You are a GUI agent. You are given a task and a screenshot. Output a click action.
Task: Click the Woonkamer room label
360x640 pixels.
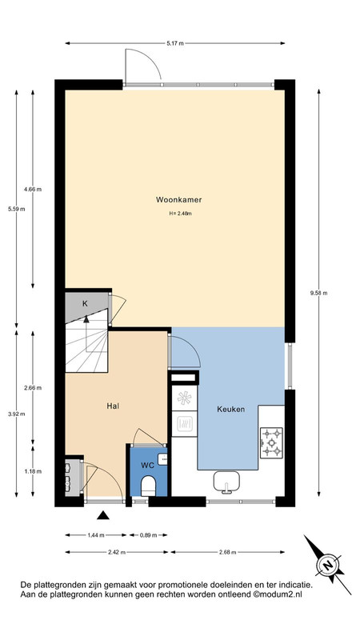[178, 199]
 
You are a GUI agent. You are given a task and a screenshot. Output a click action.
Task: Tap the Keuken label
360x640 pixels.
[230, 409]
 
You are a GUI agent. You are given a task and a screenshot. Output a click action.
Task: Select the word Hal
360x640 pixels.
[113, 406]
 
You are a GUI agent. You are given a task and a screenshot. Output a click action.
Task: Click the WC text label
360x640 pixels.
[147, 466]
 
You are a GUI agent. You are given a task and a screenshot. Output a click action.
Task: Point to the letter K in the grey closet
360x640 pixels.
[85, 303]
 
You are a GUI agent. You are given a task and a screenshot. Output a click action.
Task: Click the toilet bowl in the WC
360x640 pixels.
[148, 486]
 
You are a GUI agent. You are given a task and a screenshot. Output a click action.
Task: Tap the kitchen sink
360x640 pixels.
[226, 482]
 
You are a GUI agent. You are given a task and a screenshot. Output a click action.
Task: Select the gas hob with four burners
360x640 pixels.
[271, 442]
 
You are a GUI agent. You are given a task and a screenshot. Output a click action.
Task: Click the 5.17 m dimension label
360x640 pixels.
[175, 43]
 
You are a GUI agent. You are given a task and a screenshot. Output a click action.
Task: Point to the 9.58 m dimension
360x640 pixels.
[318, 293]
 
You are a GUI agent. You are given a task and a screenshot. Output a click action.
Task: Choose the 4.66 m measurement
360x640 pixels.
[33, 189]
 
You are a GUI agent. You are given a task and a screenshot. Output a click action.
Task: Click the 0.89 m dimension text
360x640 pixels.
[148, 535]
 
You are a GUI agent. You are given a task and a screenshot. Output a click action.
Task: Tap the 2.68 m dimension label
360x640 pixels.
[227, 552]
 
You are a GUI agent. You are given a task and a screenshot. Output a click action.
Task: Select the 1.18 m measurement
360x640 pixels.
[33, 471]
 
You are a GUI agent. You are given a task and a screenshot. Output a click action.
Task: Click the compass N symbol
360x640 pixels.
[327, 566]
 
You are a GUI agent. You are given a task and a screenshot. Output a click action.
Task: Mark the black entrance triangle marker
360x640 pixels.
[103, 515]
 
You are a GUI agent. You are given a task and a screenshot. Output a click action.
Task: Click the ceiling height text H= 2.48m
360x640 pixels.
[180, 213]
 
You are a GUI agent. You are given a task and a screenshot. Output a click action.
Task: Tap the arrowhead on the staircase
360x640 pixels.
[86, 319]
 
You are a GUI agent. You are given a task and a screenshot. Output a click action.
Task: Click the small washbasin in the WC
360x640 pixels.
[163, 459]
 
